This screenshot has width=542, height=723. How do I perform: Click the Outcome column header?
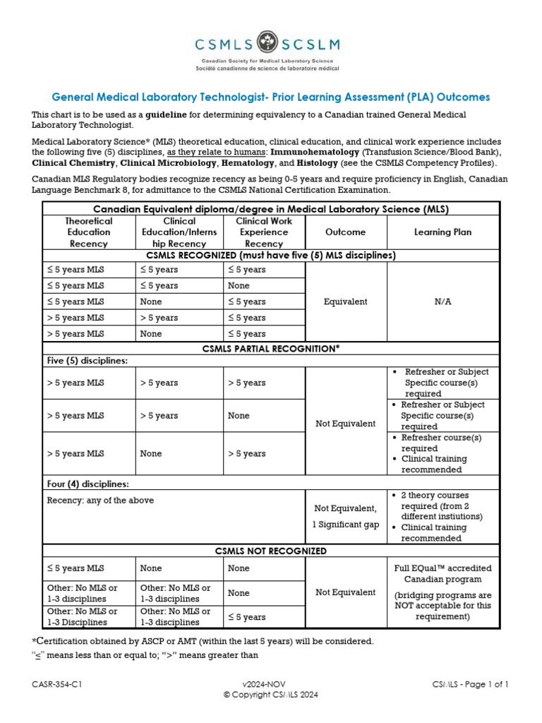[346, 232]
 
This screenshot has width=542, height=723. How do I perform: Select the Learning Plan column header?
[442, 232]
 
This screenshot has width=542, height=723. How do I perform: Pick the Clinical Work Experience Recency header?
[263, 232]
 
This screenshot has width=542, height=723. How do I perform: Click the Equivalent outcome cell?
[346, 301]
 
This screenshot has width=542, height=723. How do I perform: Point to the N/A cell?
[442, 301]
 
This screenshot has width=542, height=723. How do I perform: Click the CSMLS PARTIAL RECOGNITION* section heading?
[271, 349]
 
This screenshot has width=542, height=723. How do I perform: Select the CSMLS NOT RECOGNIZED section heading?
[271, 551]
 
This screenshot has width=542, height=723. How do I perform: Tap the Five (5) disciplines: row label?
[88, 361]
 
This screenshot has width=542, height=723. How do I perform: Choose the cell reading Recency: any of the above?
[100, 501]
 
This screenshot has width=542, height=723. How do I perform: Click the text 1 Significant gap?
[346, 525]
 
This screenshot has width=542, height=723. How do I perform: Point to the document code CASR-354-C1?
[61, 684]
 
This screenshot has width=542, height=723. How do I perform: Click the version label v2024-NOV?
[270, 684]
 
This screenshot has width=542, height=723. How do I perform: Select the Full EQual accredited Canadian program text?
[442, 574]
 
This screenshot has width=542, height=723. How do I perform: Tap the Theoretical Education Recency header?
[89, 232]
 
